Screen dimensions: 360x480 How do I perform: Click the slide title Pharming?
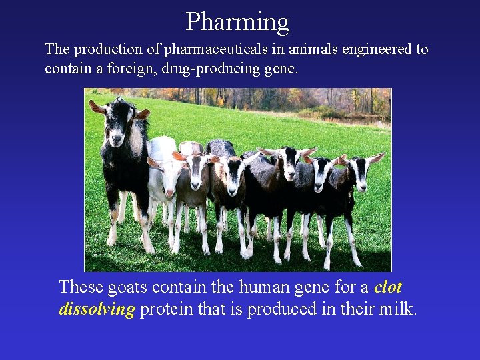click(237, 21)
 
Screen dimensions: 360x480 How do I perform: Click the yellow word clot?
click(388, 287)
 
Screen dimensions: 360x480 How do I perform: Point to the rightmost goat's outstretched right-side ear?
click(376, 158)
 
